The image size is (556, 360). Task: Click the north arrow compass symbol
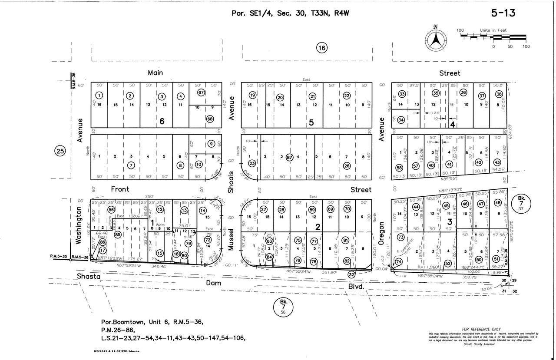pos(436,39)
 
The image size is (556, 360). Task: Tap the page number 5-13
pos(504,13)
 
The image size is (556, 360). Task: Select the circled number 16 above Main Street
pos(321,48)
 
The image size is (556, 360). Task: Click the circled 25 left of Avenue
pos(60,151)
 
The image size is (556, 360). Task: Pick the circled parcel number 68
pos(210,119)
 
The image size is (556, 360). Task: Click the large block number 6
pos(162,122)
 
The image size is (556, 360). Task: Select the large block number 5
pos(311,122)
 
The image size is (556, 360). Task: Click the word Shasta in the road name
pos(89,277)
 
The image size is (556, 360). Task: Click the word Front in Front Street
pos(120,189)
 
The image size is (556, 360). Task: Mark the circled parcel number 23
pos(252,163)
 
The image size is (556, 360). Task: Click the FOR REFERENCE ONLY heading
pos(482,329)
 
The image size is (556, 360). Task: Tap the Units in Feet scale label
pos(493,30)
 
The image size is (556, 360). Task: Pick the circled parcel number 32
pos(351,274)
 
